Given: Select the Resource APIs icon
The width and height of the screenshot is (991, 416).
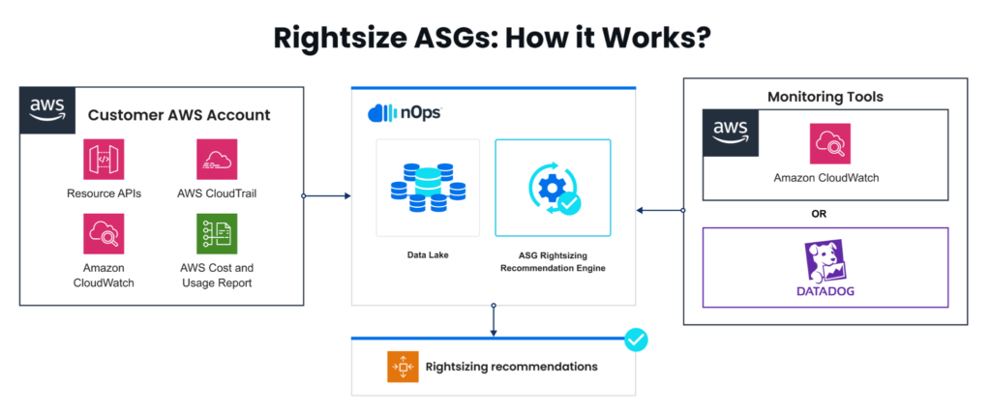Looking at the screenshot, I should coord(104,159).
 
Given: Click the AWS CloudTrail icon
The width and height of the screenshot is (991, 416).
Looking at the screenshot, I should coord(217,159).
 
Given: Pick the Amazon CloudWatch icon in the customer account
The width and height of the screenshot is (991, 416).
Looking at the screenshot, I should coord(104,233).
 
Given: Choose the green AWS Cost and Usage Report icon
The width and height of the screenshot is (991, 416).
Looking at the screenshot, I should coord(217,233).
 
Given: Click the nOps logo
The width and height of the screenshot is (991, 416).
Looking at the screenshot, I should coord(405,112).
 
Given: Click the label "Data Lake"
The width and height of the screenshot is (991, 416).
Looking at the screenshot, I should coord(427,255).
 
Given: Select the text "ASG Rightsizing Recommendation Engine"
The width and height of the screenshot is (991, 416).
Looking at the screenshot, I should coord(553,261).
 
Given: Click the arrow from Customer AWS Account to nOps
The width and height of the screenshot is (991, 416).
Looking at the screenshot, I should coord(326,196).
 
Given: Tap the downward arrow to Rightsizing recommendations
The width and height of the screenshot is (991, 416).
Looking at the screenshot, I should coord(494,320).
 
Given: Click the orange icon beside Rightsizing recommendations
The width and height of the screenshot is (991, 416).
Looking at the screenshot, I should coord(402,367).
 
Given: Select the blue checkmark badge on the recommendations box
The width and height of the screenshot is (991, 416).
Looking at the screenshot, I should coord(636,340).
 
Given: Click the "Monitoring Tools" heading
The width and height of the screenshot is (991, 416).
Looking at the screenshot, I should coord(825,97).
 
